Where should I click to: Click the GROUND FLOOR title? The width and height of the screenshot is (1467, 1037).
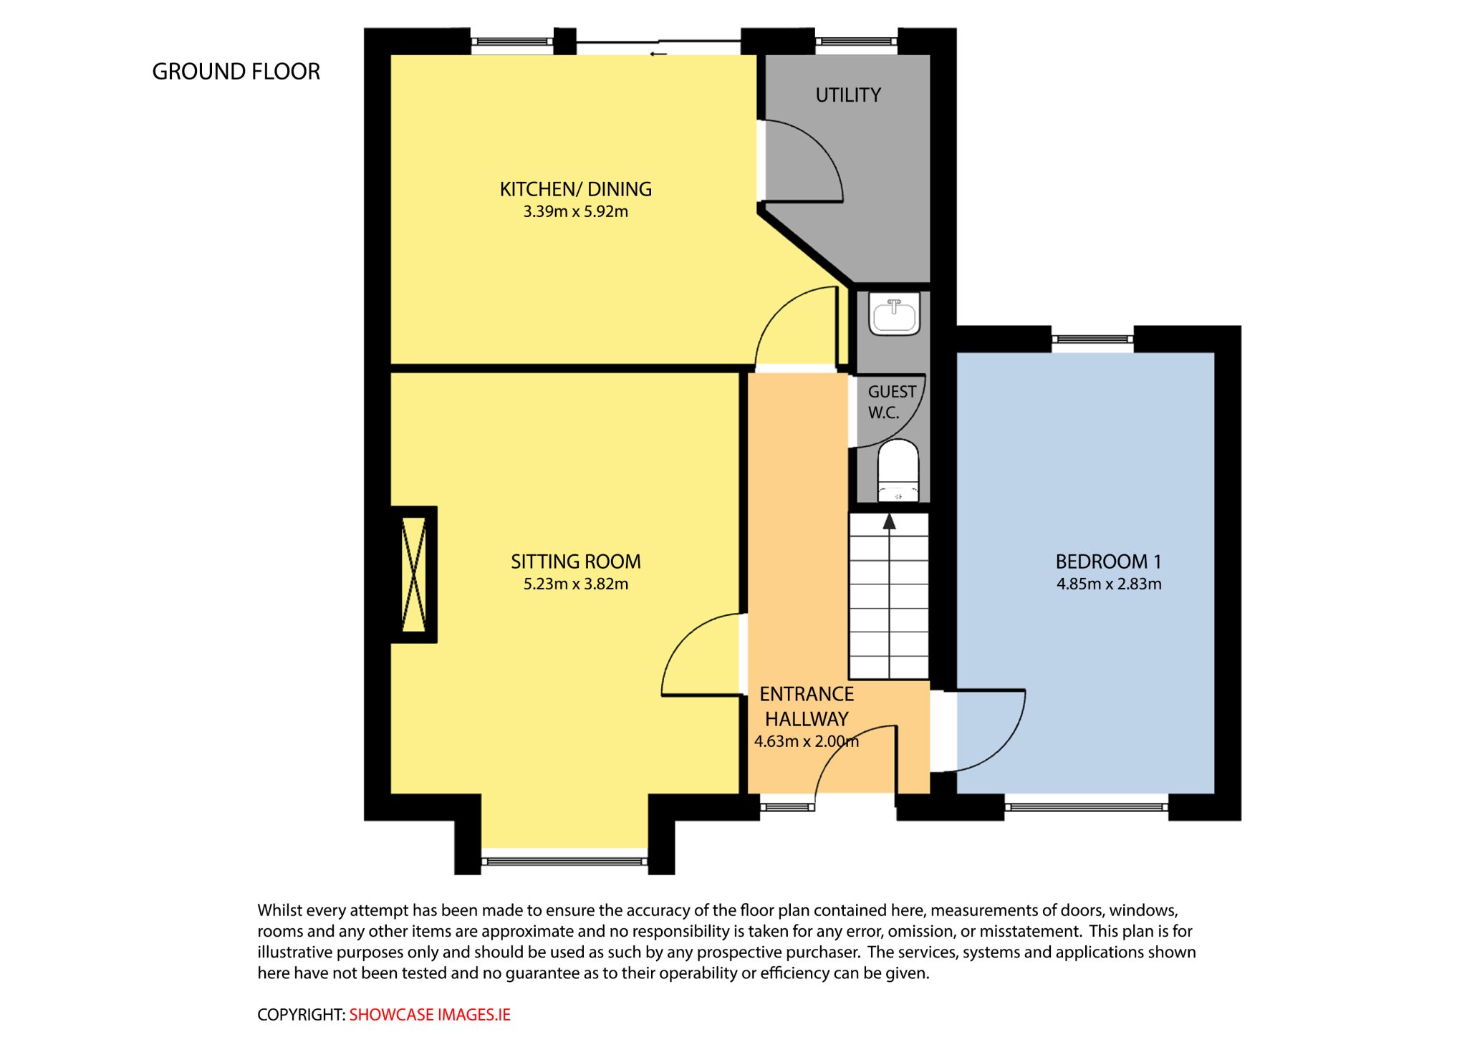[x=236, y=72]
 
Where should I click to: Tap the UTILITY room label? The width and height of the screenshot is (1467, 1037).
[x=848, y=95]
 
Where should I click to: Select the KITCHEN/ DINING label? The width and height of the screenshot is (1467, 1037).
[x=576, y=189]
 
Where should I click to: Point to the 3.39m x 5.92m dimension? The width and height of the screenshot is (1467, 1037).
[x=576, y=211]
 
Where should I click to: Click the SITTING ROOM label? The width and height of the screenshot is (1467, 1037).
[x=576, y=561]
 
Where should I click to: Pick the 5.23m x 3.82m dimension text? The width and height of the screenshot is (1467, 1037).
[x=576, y=584]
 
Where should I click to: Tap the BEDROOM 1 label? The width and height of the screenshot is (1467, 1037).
[x=1109, y=561]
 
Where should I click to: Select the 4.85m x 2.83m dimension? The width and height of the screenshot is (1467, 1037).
[x=1109, y=584]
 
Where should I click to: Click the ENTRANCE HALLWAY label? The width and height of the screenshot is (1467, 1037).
[x=807, y=706]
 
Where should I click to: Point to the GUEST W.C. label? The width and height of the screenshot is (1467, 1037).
[x=892, y=402]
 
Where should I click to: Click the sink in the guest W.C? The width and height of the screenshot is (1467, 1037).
[x=894, y=314]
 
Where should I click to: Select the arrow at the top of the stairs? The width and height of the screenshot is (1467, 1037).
[x=889, y=521]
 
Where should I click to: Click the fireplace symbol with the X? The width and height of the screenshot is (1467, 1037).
[x=414, y=574]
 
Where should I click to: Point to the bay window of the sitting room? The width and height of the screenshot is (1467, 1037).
[x=564, y=860]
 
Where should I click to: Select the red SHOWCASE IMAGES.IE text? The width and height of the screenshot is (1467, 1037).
[x=430, y=1015]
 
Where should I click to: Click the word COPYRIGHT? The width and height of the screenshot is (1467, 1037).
[x=301, y=1015]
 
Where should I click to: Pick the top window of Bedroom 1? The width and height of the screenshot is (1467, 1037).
[x=1092, y=339]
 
